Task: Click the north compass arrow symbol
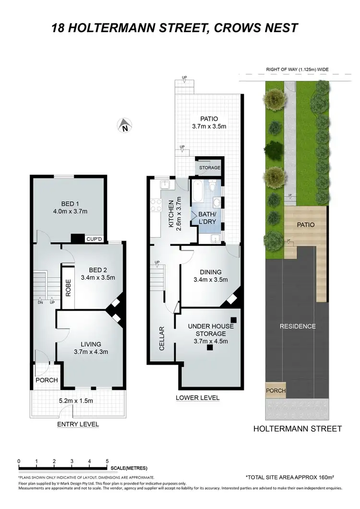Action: (x=124, y=126)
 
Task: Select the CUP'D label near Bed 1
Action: (x=93, y=238)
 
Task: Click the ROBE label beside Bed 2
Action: (x=68, y=287)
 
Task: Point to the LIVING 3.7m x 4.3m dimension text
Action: (x=91, y=351)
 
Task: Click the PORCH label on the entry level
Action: (x=46, y=380)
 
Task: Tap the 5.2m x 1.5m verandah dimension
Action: (x=79, y=401)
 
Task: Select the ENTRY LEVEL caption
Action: (x=78, y=424)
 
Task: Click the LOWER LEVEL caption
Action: (x=197, y=398)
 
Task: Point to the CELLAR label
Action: (x=162, y=339)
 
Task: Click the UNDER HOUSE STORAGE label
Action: (x=211, y=330)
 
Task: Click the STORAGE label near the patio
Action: (x=210, y=168)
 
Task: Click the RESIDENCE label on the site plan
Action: (x=298, y=326)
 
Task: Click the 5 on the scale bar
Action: (x=107, y=461)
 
